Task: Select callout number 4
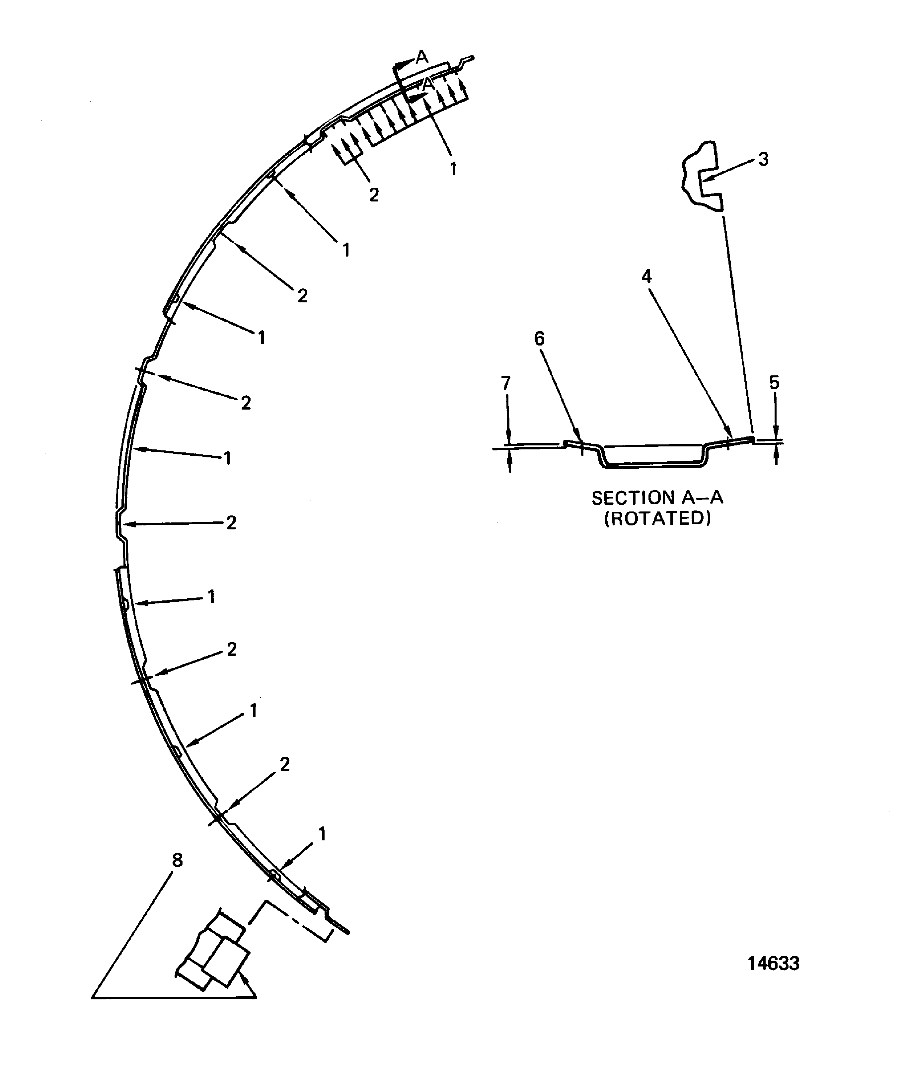pos(646,277)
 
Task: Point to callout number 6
pos(539,339)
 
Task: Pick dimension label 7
pos(506,383)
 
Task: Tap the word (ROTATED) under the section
pos(657,519)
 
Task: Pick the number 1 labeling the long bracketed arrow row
pos(453,168)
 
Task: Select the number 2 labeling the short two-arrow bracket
pos(374,194)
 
